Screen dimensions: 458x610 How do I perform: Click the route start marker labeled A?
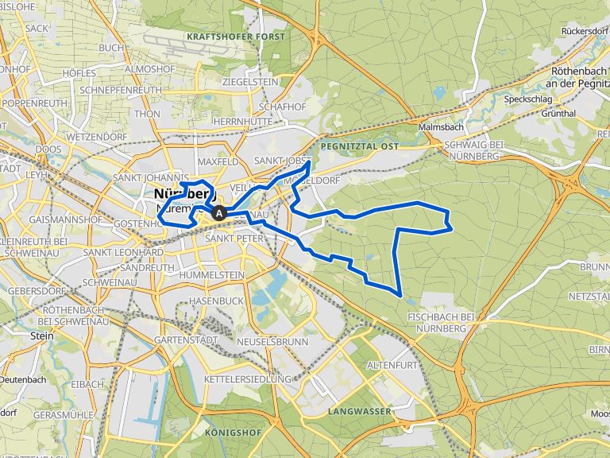point(219,213)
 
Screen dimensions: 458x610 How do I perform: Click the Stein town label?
point(42,336)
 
